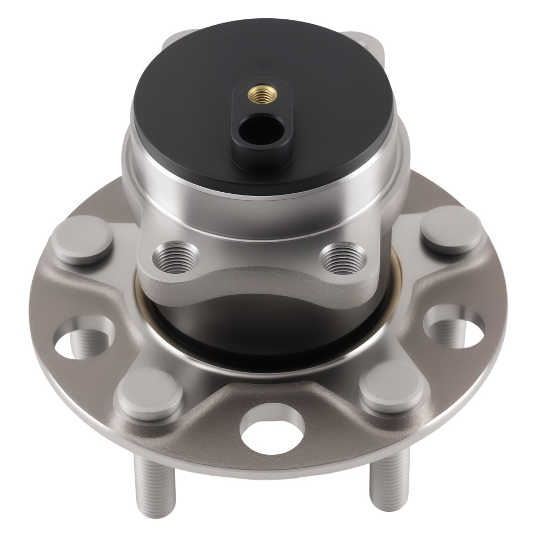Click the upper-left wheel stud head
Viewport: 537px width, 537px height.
pyautogui.click(x=82, y=240)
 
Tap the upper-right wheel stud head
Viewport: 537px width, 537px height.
pyautogui.click(x=451, y=229)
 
